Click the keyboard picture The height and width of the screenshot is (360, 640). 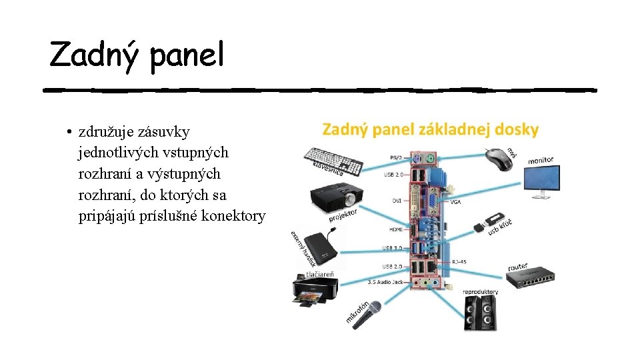pyautogui.click(x=333, y=161)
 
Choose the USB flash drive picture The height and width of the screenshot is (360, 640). pyautogui.click(x=489, y=222)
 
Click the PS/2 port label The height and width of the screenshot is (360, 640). pyautogui.click(x=396, y=157)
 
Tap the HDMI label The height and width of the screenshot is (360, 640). pyautogui.click(x=395, y=229)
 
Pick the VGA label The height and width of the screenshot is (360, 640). pyautogui.click(x=456, y=201)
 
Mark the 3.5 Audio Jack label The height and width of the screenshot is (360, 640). pyautogui.click(x=385, y=282)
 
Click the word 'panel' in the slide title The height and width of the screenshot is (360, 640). pyautogui.click(x=187, y=55)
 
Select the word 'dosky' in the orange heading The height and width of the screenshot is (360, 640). pyautogui.click(x=517, y=129)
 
